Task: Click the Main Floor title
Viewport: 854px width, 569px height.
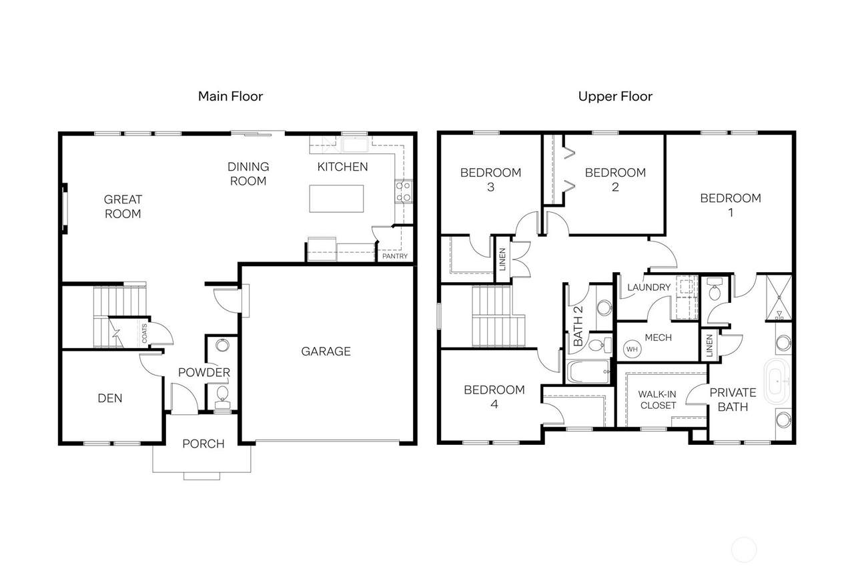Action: click(230, 96)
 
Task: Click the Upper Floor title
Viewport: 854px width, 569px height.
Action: click(615, 96)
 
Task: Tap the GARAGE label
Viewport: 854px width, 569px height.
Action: click(326, 351)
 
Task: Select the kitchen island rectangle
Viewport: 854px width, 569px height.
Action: click(336, 199)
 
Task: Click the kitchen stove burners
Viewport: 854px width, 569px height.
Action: click(404, 191)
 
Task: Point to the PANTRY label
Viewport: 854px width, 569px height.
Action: click(395, 256)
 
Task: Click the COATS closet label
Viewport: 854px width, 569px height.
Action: click(145, 333)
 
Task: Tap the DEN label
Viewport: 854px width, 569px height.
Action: click(110, 398)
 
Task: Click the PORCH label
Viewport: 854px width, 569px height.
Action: click(203, 444)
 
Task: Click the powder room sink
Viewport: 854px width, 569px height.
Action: click(222, 346)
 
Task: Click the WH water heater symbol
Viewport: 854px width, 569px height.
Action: click(632, 349)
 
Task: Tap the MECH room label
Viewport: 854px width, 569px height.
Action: click(658, 338)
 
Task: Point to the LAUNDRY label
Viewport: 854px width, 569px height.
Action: click(649, 287)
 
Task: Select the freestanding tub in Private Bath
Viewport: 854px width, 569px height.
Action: click(777, 381)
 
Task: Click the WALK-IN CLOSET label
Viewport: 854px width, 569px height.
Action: click(658, 400)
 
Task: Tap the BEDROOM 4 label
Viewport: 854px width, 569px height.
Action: click(494, 397)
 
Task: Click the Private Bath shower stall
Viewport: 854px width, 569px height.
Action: click(779, 298)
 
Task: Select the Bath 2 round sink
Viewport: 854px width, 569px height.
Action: click(604, 308)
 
